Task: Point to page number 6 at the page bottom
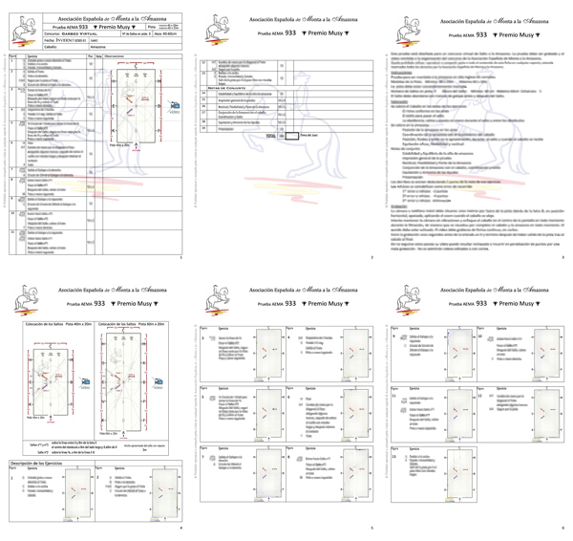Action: click(x=562, y=528)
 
